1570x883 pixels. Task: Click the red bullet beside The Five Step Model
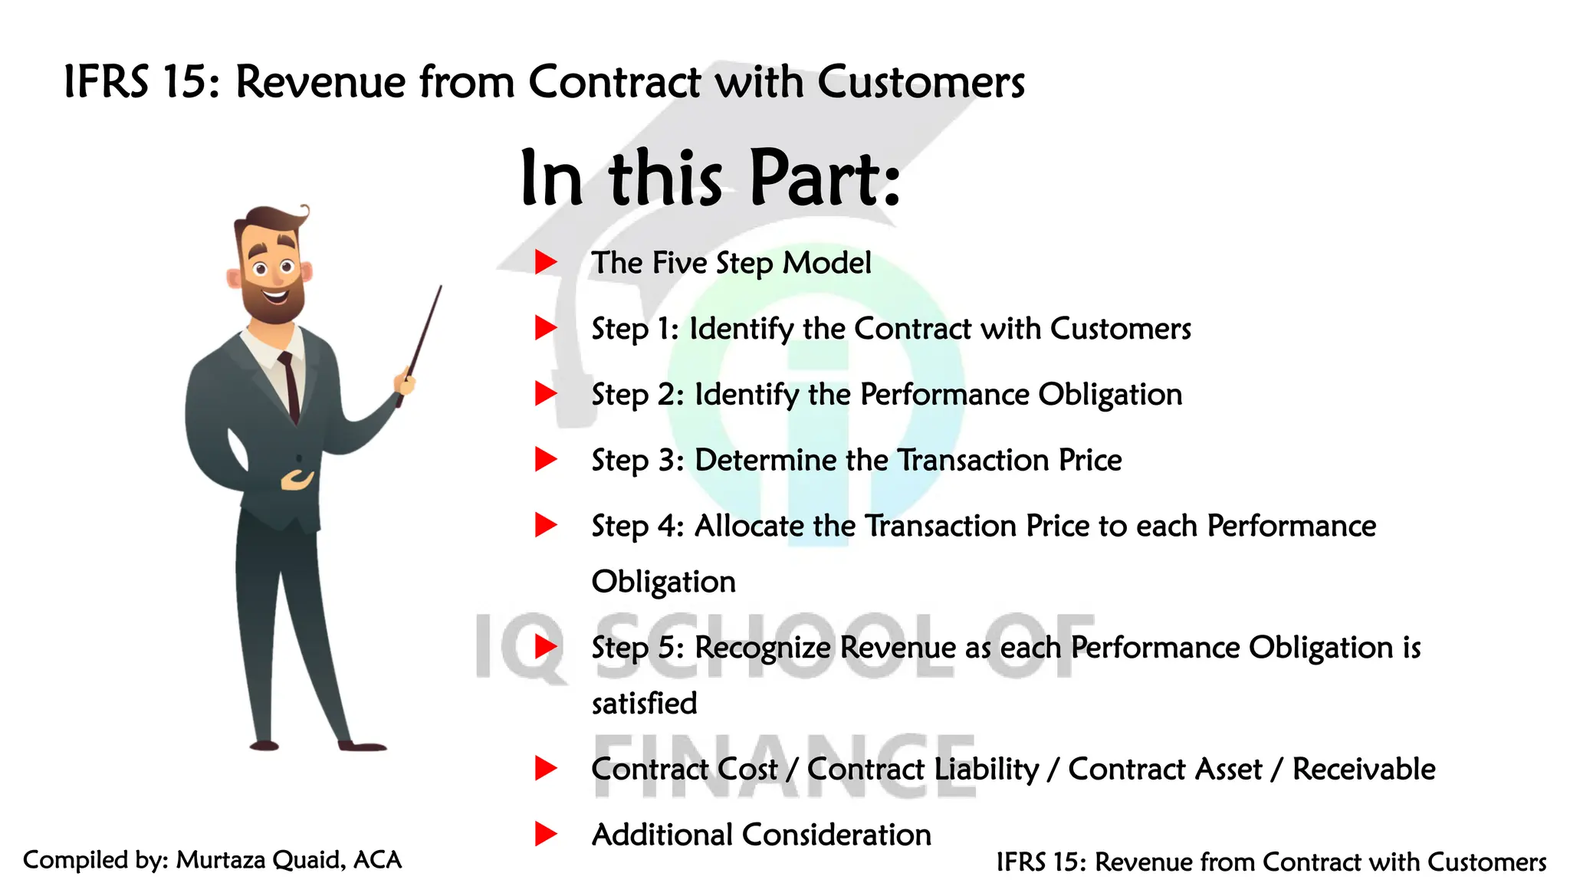[x=545, y=262]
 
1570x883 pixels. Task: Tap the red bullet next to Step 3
[x=545, y=460]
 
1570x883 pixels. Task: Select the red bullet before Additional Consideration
[x=545, y=834]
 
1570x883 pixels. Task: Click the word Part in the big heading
[x=824, y=178]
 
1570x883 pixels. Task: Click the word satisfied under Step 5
[x=644, y=703]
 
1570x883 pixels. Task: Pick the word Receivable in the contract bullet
[x=1363, y=769]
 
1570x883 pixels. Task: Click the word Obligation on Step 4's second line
[x=663, y=582]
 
